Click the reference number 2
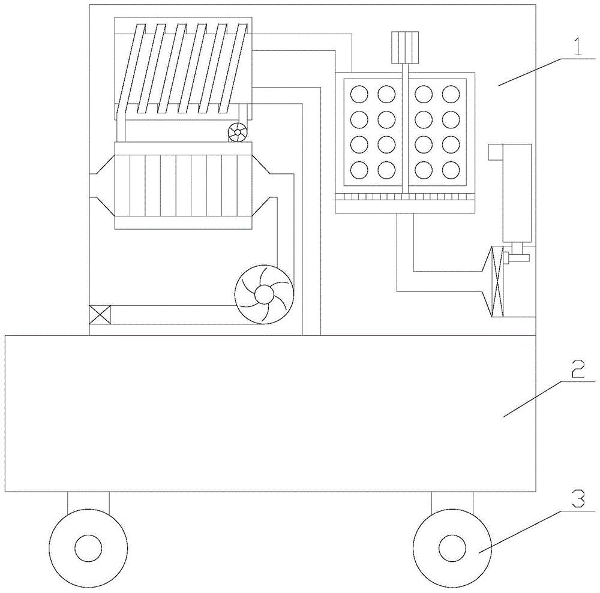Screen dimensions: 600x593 coord(577,372)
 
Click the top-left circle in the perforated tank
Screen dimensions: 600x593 coord(359,94)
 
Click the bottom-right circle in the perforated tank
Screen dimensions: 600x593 coord(450,170)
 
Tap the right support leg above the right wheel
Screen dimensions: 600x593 coord(452,502)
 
